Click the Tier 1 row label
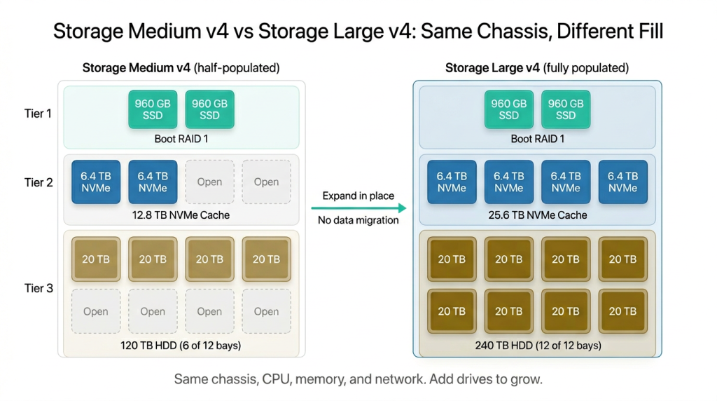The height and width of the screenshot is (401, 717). (x=38, y=113)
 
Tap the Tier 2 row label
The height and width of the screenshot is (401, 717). (x=38, y=182)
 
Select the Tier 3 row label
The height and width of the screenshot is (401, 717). (x=38, y=288)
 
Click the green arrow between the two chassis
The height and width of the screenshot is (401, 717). (x=358, y=208)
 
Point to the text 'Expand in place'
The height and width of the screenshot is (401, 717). (x=358, y=196)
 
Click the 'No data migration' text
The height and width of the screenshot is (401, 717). (x=358, y=220)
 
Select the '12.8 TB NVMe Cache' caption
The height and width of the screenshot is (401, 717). (x=181, y=215)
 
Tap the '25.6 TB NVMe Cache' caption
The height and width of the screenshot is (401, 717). (x=537, y=215)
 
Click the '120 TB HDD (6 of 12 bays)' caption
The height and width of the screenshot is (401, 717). (x=181, y=345)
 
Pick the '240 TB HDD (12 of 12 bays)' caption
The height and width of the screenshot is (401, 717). (x=537, y=345)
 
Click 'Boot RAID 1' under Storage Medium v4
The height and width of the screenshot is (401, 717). (x=181, y=139)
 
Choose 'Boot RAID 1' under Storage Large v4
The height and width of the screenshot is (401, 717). (x=537, y=139)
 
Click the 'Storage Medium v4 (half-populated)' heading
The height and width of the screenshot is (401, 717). (x=181, y=68)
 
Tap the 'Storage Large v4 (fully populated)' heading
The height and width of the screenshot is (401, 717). (x=537, y=68)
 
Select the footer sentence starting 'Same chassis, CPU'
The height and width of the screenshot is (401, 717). (x=358, y=380)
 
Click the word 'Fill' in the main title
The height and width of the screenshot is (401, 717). (x=646, y=32)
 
